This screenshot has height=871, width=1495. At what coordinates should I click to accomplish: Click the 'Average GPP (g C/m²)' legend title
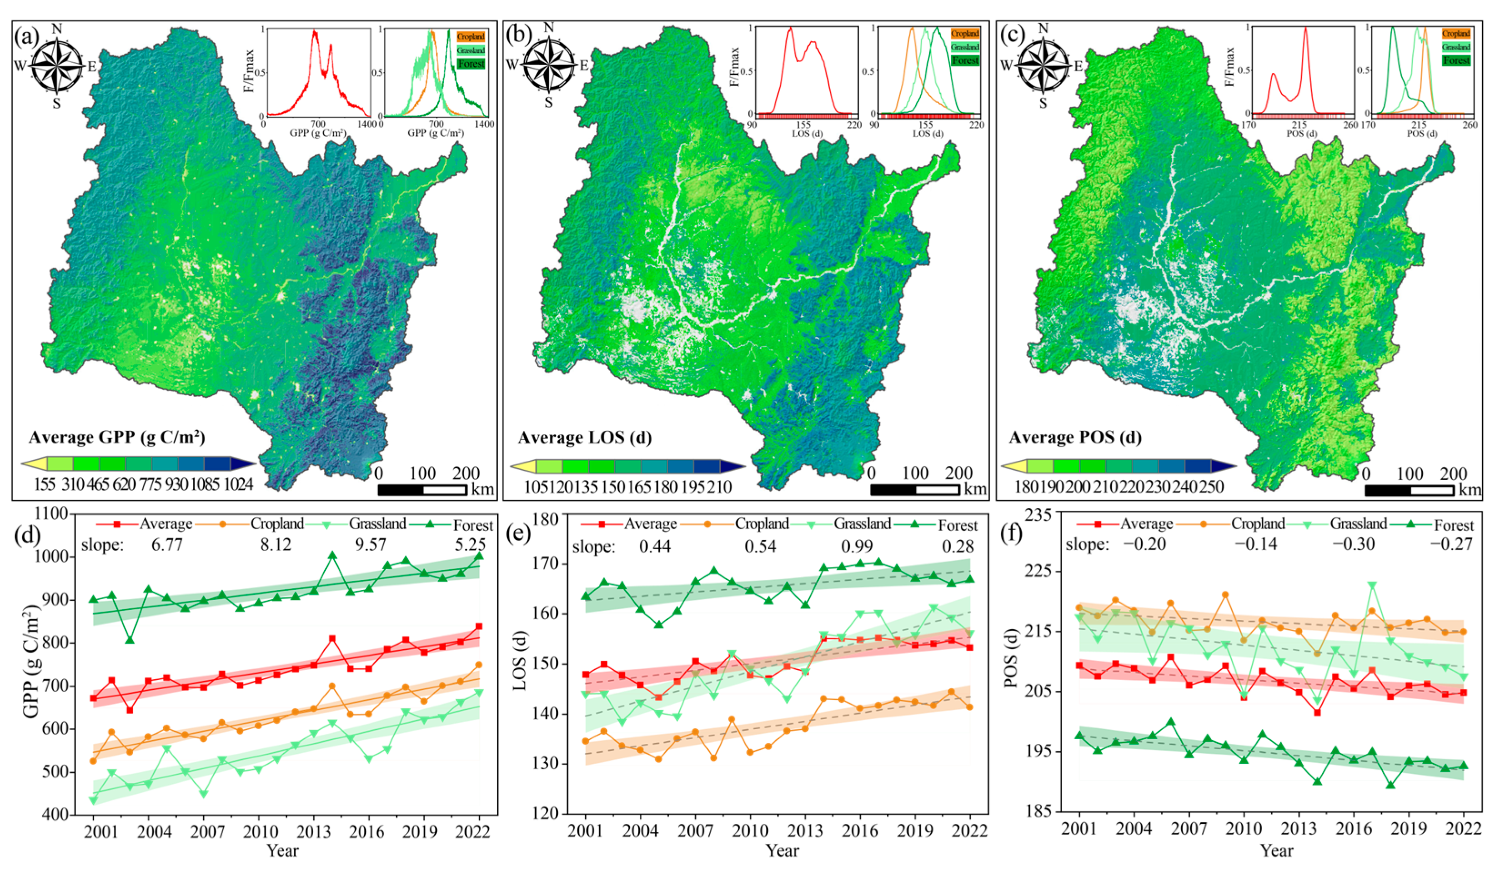click(117, 438)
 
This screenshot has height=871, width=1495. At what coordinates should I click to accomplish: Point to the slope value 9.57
click(370, 544)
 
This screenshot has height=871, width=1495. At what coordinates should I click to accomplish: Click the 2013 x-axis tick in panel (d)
click(313, 831)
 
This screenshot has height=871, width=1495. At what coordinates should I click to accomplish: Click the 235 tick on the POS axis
click(1039, 514)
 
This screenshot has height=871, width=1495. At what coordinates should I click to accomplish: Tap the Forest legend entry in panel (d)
click(473, 525)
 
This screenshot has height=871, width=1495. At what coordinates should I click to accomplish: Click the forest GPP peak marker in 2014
click(332, 556)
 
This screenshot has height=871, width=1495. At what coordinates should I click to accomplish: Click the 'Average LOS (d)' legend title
click(584, 438)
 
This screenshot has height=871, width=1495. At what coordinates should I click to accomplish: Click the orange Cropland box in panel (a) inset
click(471, 37)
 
